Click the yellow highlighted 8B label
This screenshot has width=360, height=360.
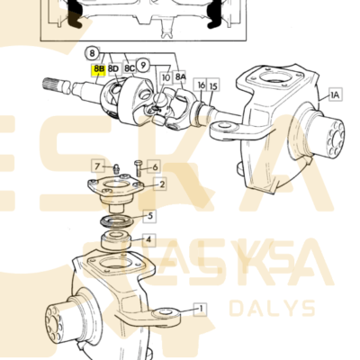click(x=98, y=67)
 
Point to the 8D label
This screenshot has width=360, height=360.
click(x=113, y=67)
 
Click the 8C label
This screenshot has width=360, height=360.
click(x=130, y=67)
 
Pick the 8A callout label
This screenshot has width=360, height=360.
click(x=181, y=78)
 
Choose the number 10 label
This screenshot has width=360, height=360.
click(x=166, y=78)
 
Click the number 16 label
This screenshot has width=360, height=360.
click(x=202, y=85)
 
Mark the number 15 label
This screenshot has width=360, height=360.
click(x=213, y=85)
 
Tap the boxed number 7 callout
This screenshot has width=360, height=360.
click(x=95, y=166)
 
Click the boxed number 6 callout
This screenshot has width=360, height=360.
click(x=155, y=166)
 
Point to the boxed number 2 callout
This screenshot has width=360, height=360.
click(x=161, y=184)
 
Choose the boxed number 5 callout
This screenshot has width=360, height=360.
click(x=150, y=216)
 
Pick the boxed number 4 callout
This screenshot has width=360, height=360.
click(x=150, y=240)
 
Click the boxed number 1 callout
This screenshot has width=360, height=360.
click(x=201, y=308)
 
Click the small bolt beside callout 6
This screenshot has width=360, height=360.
click(x=136, y=166)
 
